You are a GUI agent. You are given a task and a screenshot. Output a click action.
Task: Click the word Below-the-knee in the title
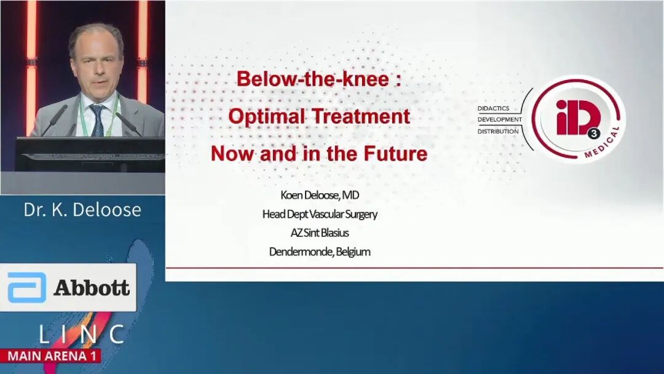[312, 79]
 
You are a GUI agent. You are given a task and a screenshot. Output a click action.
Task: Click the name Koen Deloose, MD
[320, 195]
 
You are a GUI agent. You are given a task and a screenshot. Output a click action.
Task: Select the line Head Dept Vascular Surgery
[320, 214]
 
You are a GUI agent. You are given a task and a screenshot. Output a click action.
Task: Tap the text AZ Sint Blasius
[320, 233]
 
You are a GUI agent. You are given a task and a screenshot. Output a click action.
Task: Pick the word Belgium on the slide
[353, 252]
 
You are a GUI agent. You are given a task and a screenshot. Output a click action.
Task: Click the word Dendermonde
[301, 252]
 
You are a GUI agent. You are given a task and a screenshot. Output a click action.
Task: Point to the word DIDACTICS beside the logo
[493, 108]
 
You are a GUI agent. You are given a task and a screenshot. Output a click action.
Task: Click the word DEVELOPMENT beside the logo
[500, 119]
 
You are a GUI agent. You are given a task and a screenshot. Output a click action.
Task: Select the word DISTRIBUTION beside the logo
[498, 131]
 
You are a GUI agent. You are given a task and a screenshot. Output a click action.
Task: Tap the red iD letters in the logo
[577, 117]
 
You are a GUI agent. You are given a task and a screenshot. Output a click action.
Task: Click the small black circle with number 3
[594, 135]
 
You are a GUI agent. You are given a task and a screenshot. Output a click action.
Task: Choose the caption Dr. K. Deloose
[82, 210]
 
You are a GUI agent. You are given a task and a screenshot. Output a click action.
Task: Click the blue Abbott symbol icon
[26, 287]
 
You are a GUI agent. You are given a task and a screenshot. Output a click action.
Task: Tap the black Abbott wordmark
[92, 288]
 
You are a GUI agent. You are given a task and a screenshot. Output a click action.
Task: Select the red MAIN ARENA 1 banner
[51, 356]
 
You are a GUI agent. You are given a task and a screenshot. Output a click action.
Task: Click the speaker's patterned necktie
[98, 120]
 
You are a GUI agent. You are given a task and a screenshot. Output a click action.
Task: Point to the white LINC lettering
[82, 334]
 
